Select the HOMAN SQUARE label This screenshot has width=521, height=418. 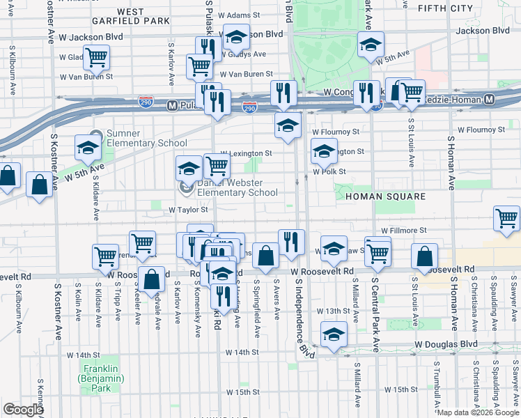(x=385, y=196)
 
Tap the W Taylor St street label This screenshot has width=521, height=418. (x=189, y=209)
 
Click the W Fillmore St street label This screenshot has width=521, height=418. (x=403, y=230)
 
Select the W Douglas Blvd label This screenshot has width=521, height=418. (x=446, y=344)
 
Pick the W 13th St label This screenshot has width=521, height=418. (x=331, y=311)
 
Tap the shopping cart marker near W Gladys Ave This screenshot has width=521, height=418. (x=97, y=57)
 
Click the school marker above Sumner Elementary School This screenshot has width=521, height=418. (x=88, y=147)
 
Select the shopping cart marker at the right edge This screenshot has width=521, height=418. (x=506, y=218)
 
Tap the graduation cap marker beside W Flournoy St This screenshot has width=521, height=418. (x=286, y=125)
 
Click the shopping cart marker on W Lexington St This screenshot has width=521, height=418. (x=217, y=165)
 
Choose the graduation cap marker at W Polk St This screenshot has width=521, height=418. (x=323, y=150)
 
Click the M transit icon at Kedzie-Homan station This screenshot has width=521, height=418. (x=489, y=100)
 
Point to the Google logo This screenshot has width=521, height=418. (x=23, y=410)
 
